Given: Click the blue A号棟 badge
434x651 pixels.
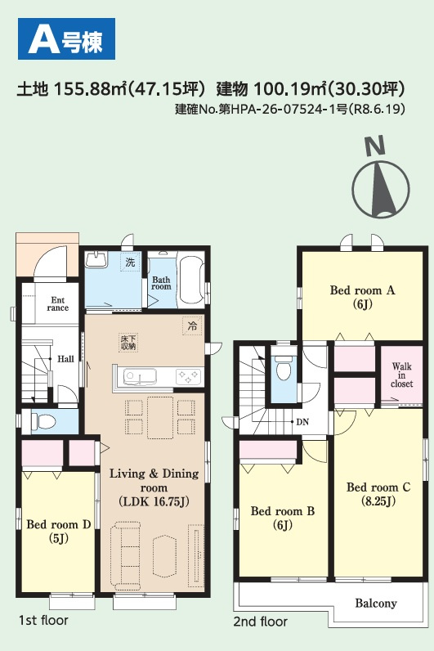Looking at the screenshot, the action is tap(66, 38).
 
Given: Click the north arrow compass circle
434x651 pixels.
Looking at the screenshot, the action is tap(381, 189).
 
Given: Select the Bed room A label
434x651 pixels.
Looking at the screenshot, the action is tap(362, 297).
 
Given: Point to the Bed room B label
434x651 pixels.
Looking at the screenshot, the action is tap(283, 518).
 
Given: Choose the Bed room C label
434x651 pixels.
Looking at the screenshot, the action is tap(378, 494).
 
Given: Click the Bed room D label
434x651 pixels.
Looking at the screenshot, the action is tap(59, 531).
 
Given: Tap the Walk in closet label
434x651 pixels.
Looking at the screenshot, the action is tap(401, 375).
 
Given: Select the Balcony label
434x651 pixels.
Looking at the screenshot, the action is tap(376, 603).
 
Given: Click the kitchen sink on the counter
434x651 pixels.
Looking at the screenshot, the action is tap(140, 376).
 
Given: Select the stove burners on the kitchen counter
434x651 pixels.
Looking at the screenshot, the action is tap(188, 376).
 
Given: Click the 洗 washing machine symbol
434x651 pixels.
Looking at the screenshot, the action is tap(130, 262).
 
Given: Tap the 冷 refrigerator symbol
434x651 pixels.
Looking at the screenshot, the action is tap(192, 326).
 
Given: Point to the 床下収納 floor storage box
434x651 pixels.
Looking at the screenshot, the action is tap(128, 343).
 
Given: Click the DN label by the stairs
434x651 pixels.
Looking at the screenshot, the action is tap(302, 422).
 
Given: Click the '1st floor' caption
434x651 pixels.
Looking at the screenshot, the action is tap(43, 620).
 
